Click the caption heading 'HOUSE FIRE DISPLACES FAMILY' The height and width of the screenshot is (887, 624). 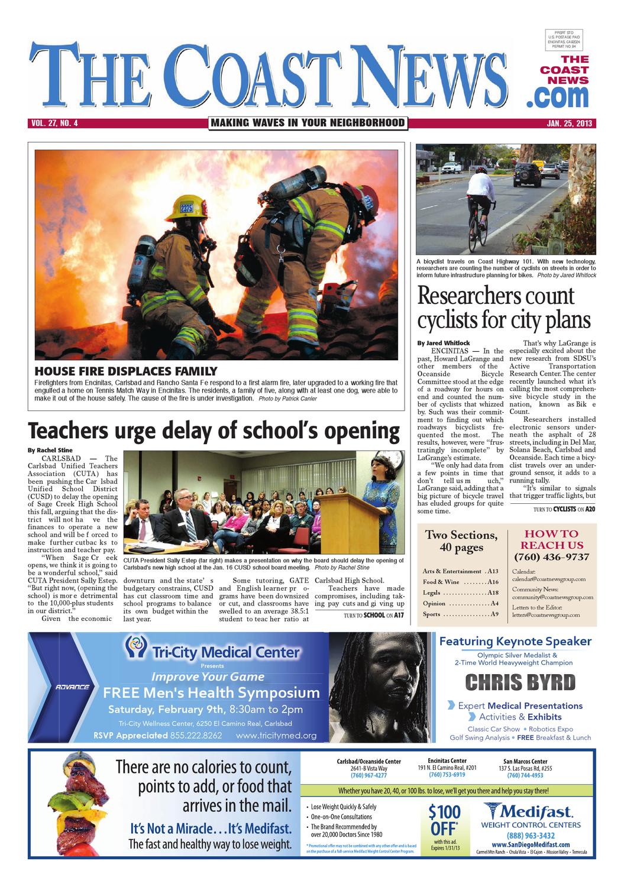click(x=125, y=371)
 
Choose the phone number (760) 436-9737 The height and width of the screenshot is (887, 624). click(x=551, y=557)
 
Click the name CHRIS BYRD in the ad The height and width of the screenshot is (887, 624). click(x=520, y=682)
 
